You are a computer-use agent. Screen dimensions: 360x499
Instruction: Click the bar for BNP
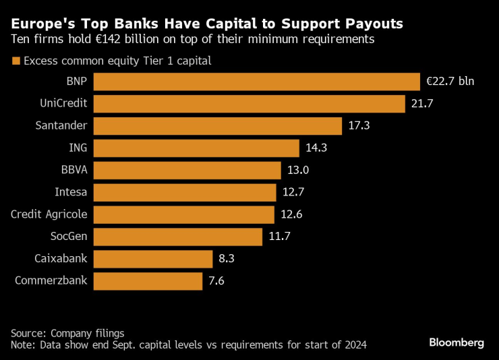click(256, 82)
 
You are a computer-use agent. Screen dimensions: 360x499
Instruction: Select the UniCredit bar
click(249, 104)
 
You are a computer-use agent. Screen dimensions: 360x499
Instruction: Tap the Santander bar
click(217, 126)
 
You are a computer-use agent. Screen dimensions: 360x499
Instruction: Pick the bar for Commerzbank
click(148, 281)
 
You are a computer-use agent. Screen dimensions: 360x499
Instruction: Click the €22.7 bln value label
click(450, 82)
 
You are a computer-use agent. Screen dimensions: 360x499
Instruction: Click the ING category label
click(78, 148)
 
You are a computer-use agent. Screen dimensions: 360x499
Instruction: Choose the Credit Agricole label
click(49, 214)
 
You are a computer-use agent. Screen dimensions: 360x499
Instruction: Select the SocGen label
click(69, 237)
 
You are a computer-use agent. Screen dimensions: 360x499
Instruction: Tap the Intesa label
click(71, 192)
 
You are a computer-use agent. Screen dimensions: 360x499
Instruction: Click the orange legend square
click(16, 61)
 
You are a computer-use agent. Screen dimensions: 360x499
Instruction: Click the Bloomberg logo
click(457, 342)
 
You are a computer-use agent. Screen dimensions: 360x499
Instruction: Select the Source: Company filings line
click(67, 333)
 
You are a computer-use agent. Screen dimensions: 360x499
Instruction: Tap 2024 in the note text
click(353, 344)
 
